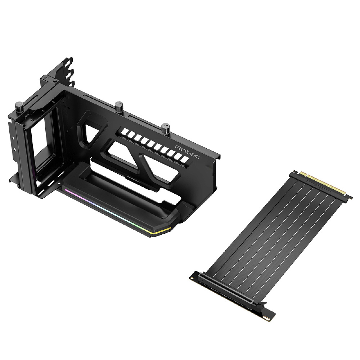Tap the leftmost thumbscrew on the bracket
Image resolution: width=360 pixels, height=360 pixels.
19,107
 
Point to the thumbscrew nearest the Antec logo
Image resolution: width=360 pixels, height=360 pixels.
165,129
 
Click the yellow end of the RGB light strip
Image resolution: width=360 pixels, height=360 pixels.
163,231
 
